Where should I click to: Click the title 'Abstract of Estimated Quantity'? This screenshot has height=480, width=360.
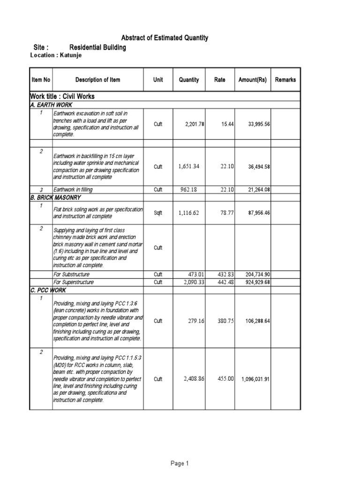[x=165, y=38]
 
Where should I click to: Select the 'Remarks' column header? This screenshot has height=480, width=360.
[x=285, y=80]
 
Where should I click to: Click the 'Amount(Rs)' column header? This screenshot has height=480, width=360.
[x=252, y=80]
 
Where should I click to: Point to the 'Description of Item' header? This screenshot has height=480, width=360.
[x=97, y=80]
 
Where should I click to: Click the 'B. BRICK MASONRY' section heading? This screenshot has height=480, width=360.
[x=52, y=198]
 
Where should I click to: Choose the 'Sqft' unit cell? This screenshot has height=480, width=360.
[x=158, y=213]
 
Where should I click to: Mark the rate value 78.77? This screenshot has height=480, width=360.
[x=225, y=213]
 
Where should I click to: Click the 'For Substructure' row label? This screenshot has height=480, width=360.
[x=71, y=274]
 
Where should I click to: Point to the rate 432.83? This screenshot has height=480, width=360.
[x=224, y=274]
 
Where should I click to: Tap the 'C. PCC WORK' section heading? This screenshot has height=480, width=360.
[x=48, y=291]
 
